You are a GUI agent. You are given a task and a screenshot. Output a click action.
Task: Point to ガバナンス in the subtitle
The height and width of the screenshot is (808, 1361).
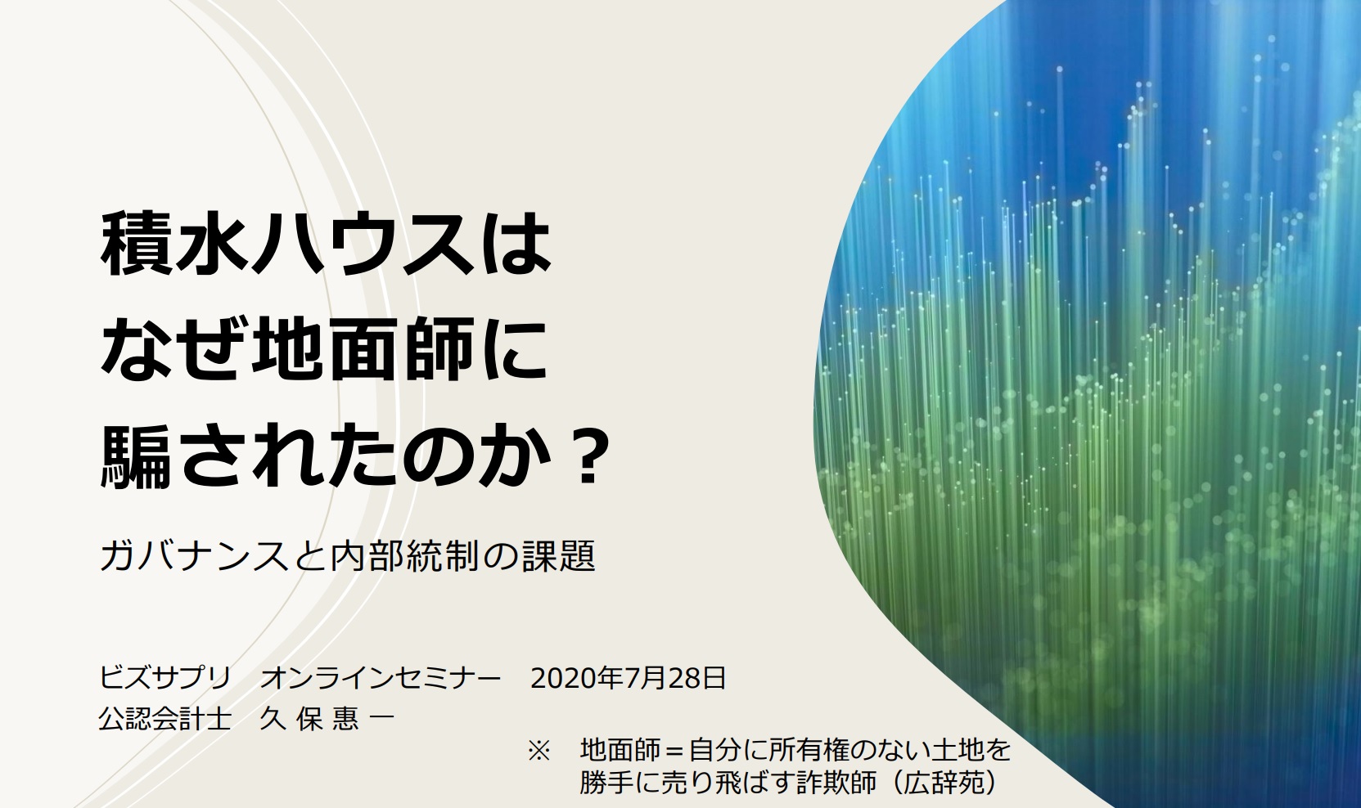point(194,555)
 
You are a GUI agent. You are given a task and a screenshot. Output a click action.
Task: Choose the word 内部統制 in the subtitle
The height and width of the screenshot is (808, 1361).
point(405,555)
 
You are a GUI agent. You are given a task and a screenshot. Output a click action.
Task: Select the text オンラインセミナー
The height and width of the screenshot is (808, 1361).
point(381,677)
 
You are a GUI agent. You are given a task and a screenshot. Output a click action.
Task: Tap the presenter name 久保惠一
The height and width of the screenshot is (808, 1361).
point(327,719)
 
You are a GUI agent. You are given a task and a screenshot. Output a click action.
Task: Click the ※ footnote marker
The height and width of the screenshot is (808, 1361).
point(539,751)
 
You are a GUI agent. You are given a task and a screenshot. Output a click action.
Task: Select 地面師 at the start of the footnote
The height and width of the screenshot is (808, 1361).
point(620,751)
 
